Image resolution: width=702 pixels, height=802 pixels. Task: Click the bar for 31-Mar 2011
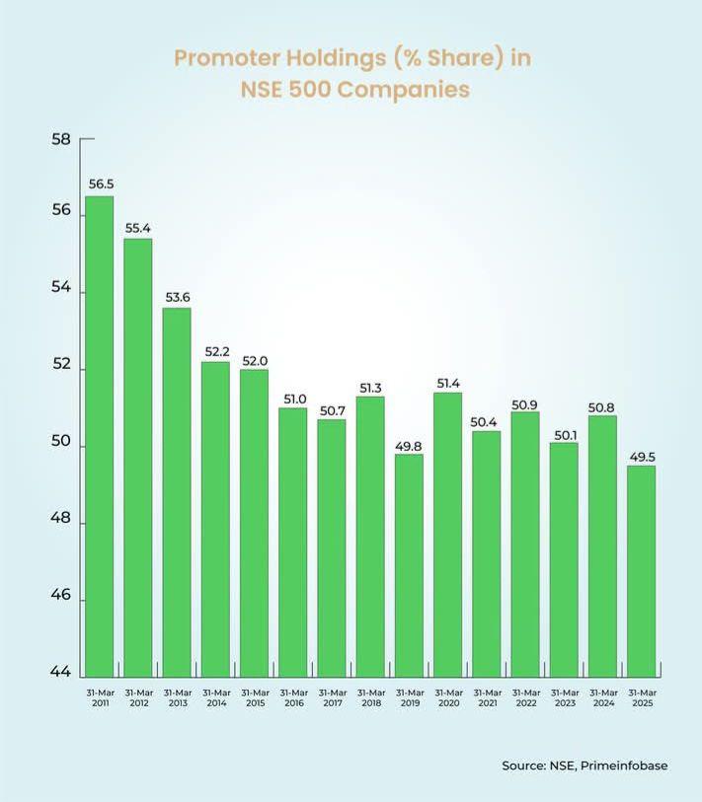[x=99, y=434]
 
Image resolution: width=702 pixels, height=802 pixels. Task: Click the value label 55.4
[x=138, y=228]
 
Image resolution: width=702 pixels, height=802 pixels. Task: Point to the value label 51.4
[x=447, y=383]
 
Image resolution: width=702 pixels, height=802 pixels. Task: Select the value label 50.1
[x=564, y=432]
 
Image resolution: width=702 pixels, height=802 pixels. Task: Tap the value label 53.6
[x=177, y=298]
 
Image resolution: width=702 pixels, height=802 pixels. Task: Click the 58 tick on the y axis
[x=60, y=139]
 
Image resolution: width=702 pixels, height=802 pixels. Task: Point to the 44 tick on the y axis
[x=60, y=674]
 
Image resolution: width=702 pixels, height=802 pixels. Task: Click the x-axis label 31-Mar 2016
[x=293, y=697]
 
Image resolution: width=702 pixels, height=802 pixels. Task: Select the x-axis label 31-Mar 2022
[x=525, y=697]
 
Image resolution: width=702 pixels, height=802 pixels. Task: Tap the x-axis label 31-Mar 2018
[x=370, y=697]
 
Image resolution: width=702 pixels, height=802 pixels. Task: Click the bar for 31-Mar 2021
[x=487, y=552]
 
